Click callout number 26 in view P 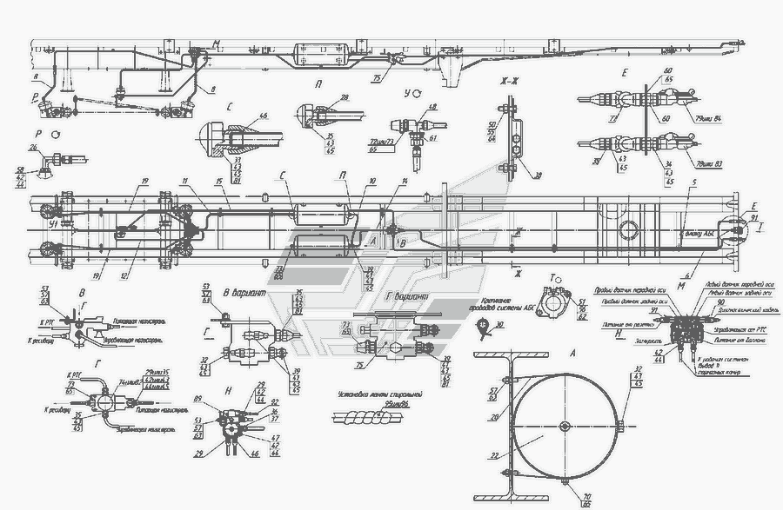[33, 148]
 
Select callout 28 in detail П [345, 98]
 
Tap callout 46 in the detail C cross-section [263, 116]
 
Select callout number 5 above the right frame [693, 184]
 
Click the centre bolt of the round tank [564, 425]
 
